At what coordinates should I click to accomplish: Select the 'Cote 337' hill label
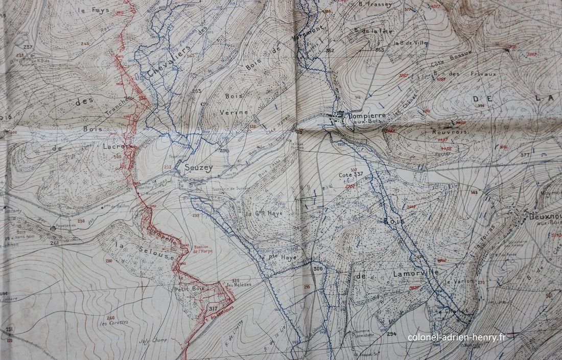(350, 175)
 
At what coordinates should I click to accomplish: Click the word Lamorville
(416, 273)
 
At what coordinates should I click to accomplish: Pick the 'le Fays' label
(87, 10)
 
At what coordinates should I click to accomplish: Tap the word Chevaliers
(169, 62)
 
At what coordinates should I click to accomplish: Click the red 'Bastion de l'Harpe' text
(203, 249)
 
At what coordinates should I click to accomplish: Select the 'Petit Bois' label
(190, 290)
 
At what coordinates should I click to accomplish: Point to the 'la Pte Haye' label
(277, 257)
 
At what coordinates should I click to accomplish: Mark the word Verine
(235, 112)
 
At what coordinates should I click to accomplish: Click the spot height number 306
(318, 269)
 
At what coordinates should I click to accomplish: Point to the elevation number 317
(213, 308)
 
